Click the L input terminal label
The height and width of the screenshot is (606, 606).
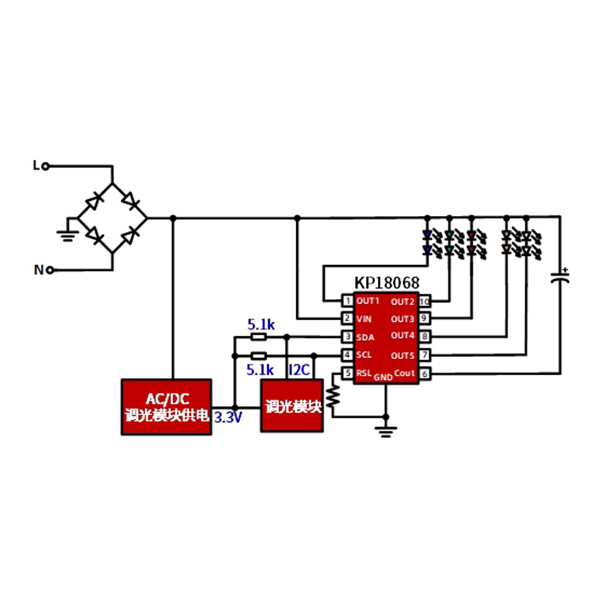click(x=35, y=164)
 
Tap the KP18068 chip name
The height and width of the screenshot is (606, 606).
click(x=386, y=283)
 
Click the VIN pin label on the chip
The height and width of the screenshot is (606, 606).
click(x=364, y=318)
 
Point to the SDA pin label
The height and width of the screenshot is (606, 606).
click(x=365, y=336)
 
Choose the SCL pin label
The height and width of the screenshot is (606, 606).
click(x=365, y=355)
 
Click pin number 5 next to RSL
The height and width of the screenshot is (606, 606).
click(x=347, y=373)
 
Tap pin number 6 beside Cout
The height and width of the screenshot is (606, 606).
click(x=425, y=373)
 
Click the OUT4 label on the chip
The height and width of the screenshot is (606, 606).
click(x=402, y=336)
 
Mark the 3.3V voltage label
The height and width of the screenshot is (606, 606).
click(x=228, y=417)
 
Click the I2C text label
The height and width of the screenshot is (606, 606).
click(x=300, y=370)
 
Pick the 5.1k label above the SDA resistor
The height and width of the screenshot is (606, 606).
click(x=260, y=325)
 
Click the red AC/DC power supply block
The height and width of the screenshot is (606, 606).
click(x=167, y=407)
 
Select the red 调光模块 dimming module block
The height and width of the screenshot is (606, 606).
click(x=292, y=407)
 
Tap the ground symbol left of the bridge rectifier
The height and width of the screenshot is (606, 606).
click(x=67, y=233)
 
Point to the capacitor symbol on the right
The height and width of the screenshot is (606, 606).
click(x=561, y=277)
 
